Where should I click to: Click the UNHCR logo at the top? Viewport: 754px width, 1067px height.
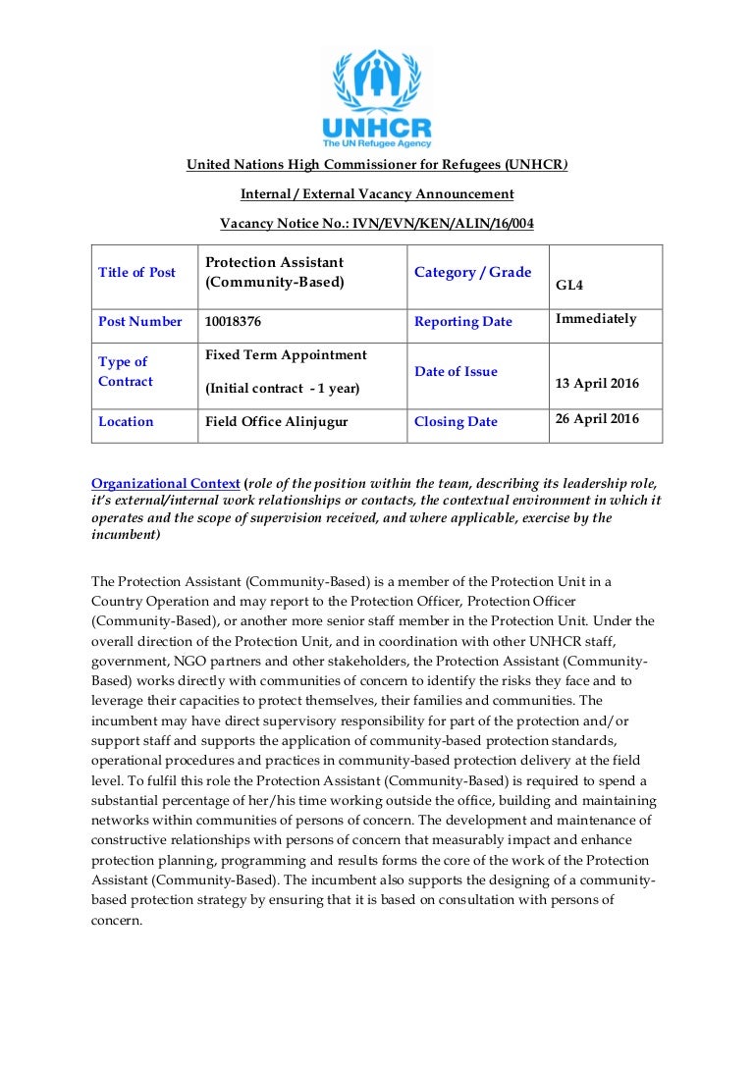pyautogui.click(x=377, y=98)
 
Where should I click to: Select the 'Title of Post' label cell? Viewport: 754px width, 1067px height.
pyautogui.click(x=136, y=272)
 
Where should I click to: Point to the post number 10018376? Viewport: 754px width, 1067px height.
pyautogui.click(x=233, y=321)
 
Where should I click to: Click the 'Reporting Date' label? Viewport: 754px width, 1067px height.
pyautogui.click(x=462, y=321)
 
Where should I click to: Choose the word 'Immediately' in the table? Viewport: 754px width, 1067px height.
pyautogui.click(x=596, y=318)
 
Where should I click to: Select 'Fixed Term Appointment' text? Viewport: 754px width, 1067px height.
pyautogui.click(x=286, y=354)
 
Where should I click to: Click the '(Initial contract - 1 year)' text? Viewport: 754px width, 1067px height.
pyautogui.click(x=282, y=388)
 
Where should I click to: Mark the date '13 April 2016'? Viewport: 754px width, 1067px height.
pyautogui.click(x=596, y=383)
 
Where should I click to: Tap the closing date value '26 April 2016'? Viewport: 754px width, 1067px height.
pyautogui.click(x=597, y=418)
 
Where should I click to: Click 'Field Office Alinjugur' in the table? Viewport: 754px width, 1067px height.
pyautogui.click(x=277, y=421)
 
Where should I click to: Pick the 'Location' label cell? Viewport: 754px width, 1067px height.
pyautogui.click(x=126, y=421)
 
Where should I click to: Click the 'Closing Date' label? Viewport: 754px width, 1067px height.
pyautogui.click(x=456, y=421)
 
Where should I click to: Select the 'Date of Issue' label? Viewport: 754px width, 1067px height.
pyautogui.click(x=456, y=371)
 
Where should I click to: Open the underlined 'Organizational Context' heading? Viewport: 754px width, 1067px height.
pyautogui.click(x=165, y=483)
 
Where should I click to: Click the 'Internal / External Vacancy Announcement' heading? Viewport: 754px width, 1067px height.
pyautogui.click(x=377, y=194)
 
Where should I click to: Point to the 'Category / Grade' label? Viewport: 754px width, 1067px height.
pyautogui.click(x=472, y=272)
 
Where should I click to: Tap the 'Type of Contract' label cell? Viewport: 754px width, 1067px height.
pyautogui.click(x=126, y=371)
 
